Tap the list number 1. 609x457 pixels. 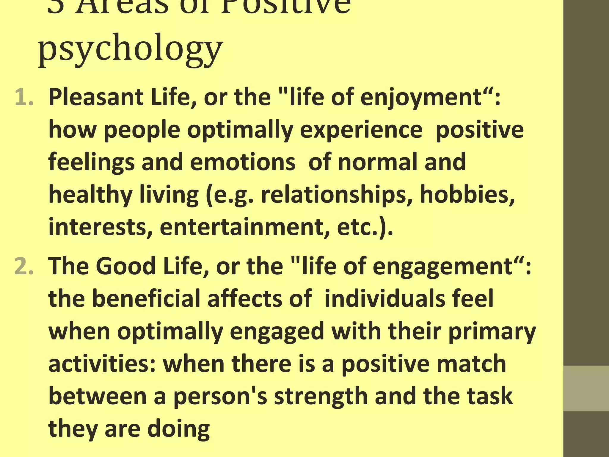tap(24, 98)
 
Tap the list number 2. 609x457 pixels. tap(24, 266)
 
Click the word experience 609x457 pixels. tap(361, 130)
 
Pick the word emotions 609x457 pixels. tap(243, 162)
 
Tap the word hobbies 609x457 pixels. tap(467, 195)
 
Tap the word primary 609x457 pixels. tap(492, 331)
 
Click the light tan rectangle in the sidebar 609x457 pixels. tap(586, 389)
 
